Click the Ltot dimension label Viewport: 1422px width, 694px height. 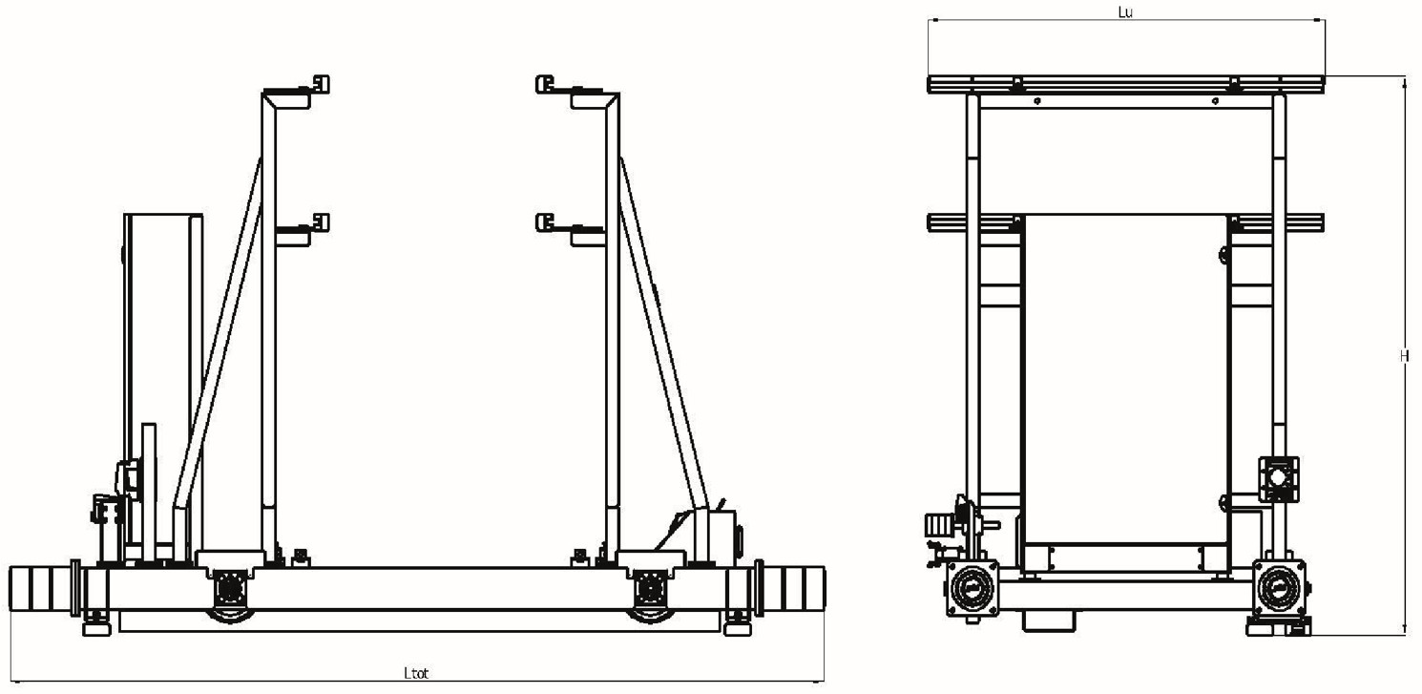[416, 673]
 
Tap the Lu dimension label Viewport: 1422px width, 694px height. [1125, 12]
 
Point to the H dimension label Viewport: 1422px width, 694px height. [1404, 356]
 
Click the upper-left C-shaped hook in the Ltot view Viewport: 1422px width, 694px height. [322, 84]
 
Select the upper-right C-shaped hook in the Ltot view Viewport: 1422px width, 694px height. [544, 84]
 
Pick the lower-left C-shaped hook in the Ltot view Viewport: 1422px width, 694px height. [322, 222]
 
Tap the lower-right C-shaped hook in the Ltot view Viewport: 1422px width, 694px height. [544, 222]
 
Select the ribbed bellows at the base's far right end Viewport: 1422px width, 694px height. [793, 589]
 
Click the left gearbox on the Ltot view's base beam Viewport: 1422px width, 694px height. [230, 589]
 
